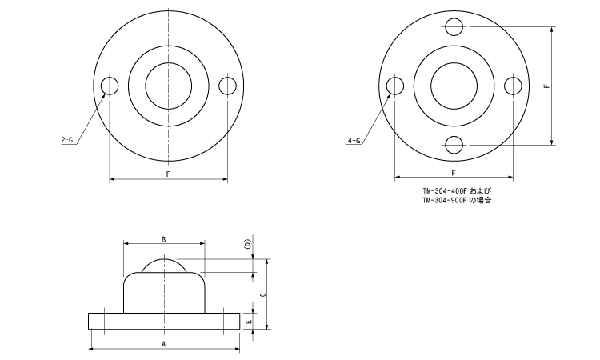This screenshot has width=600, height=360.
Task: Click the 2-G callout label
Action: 67,141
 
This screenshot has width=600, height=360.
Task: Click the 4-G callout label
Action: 353,141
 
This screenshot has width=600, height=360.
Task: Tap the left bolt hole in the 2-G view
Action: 110,86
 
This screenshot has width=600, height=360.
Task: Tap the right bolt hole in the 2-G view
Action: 227,86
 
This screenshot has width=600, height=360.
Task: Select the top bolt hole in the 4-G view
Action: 454,26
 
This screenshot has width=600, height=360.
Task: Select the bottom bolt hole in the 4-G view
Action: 454,145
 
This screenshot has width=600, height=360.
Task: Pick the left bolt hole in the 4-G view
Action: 395,86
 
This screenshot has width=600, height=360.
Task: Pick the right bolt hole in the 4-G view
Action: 513,86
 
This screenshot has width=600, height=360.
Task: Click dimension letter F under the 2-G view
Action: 168,174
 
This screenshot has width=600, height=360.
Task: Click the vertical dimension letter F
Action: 546,86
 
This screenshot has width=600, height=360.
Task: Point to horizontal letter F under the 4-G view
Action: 454,174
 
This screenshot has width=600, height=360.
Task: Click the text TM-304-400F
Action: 445,191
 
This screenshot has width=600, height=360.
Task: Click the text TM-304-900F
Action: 445,200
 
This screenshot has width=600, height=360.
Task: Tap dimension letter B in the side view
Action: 163,239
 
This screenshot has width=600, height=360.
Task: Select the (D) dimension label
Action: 248,244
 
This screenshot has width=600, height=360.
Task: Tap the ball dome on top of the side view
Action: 165,264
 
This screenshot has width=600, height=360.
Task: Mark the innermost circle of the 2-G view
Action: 169,86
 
